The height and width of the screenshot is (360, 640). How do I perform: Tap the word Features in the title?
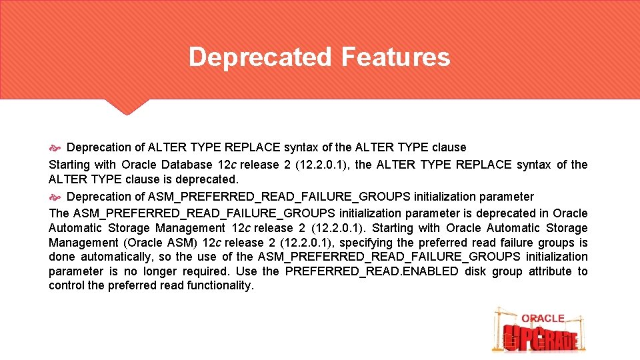click(x=395, y=57)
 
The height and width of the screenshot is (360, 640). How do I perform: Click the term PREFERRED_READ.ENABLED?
click(x=371, y=271)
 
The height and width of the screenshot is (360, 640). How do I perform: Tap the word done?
click(x=61, y=257)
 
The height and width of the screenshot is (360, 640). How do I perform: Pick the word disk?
click(x=476, y=271)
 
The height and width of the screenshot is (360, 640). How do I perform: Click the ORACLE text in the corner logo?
click(x=543, y=319)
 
